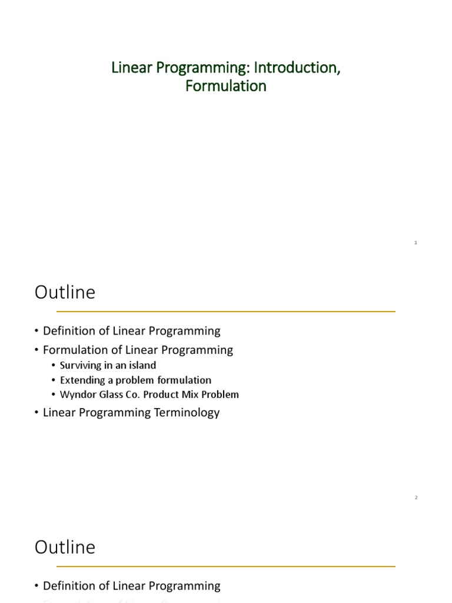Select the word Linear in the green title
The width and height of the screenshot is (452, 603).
pyautogui.click(x=127, y=68)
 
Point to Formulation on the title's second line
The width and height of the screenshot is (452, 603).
pyautogui.click(x=226, y=86)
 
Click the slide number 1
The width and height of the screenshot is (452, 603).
pyautogui.click(x=416, y=243)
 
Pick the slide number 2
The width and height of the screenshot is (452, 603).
pyautogui.click(x=416, y=498)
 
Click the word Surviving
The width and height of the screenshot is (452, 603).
pyautogui.click(x=81, y=365)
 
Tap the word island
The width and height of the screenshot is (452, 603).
pyautogui.click(x=141, y=365)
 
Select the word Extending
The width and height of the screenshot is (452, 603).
pyautogui.click(x=81, y=380)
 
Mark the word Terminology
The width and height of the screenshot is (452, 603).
pyautogui.click(x=187, y=412)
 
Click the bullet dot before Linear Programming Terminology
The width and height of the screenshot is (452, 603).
pyautogui.click(x=38, y=412)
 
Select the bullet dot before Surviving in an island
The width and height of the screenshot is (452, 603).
pyautogui.click(x=54, y=365)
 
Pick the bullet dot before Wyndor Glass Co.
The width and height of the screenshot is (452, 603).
pyautogui.click(x=54, y=395)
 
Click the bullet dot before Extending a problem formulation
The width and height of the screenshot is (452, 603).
pyautogui.click(x=54, y=380)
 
